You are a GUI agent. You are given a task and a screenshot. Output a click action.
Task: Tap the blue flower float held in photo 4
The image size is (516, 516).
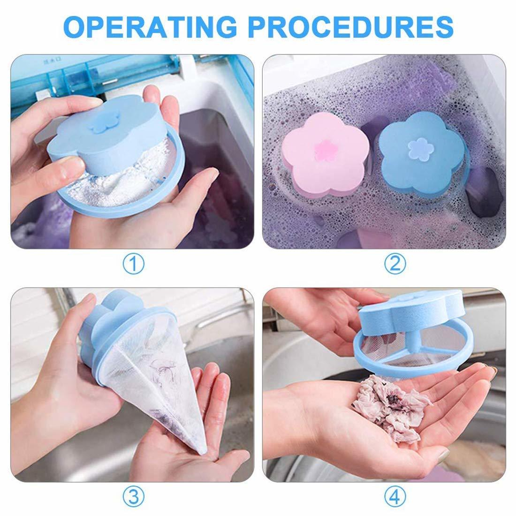tap(408, 319)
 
